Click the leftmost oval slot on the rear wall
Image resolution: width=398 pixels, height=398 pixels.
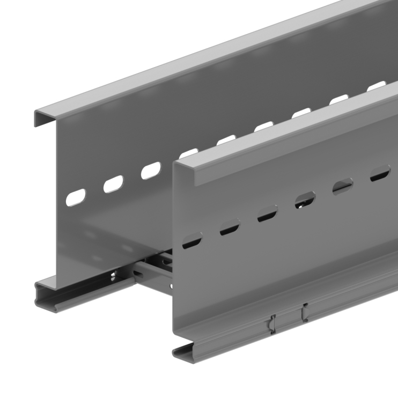click(76, 197)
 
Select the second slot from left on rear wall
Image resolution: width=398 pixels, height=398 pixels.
click(113, 183)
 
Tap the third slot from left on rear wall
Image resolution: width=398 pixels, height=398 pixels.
click(151, 170)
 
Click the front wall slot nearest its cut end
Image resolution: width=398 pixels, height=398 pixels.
click(192, 241)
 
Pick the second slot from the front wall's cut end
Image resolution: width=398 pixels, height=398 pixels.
click(230, 227)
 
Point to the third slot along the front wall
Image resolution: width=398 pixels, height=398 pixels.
click(267, 214)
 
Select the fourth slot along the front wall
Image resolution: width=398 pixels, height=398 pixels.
click(305, 200)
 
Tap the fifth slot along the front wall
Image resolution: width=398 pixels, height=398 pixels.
click(343, 187)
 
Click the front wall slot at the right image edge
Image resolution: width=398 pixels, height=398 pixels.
click(380, 173)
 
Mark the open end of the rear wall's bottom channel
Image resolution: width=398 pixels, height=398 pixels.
click(45, 294)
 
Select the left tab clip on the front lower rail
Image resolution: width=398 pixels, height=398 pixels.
click(272, 323)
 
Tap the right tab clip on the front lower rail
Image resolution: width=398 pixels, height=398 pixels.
click(304, 312)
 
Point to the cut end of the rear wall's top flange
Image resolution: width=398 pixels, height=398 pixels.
click(43, 117)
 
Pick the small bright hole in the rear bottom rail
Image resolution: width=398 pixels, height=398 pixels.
click(112, 277)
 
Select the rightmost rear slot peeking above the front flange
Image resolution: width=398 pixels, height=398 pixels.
click(377, 85)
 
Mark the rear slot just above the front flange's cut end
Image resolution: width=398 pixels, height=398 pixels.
click(188, 152)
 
